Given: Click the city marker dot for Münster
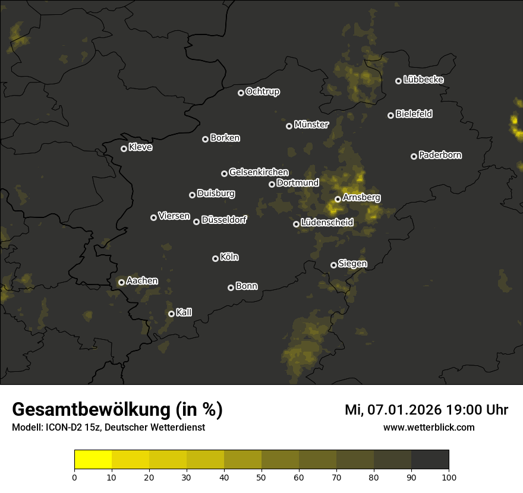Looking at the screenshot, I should coord(289,126).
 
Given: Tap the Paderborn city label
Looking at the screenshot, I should coord(440,155).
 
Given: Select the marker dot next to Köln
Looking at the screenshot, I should coord(215,258).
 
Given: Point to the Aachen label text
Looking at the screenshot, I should coord(142,281).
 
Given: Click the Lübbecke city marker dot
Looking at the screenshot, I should coord(398,81).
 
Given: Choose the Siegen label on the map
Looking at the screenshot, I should coord(352,264).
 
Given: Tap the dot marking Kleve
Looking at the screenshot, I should coord(124,148).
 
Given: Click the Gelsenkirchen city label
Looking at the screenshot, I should coord(259,172).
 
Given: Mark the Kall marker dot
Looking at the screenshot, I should coord(171,314).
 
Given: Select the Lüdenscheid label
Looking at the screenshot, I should coord(327,223).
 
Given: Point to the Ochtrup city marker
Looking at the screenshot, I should coord(241,93).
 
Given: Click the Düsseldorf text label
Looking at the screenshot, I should coord(224,220).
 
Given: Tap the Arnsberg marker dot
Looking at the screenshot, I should coord(338,199).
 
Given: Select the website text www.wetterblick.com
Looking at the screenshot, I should coord(429,427).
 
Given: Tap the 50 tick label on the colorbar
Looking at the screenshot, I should coord(261,477).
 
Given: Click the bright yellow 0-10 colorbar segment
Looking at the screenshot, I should coord(93,460).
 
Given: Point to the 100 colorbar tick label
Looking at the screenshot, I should coord(449,477).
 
